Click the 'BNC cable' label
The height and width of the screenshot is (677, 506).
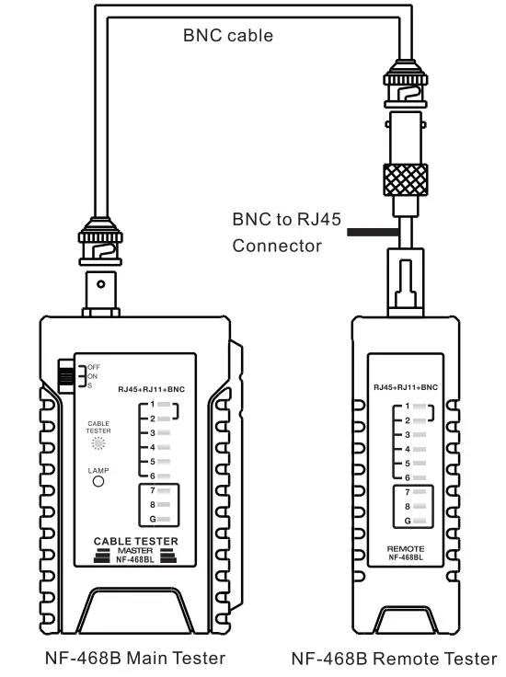click(x=227, y=36)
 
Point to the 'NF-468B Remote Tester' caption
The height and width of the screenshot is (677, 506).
click(x=394, y=658)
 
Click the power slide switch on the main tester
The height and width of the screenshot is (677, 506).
click(x=67, y=374)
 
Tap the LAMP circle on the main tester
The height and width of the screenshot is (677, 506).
click(x=98, y=479)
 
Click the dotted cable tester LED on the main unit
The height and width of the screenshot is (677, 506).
click(x=98, y=442)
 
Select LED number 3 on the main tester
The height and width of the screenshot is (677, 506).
click(x=163, y=431)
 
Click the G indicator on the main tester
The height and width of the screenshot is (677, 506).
click(x=163, y=520)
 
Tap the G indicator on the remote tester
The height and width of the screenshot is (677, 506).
click(x=420, y=521)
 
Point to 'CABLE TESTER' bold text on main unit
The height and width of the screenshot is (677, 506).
click(x=136, y=540)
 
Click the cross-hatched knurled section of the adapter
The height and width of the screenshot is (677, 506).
click(x=405, y=179)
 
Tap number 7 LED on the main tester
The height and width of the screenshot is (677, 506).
click(x=163, y=490)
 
